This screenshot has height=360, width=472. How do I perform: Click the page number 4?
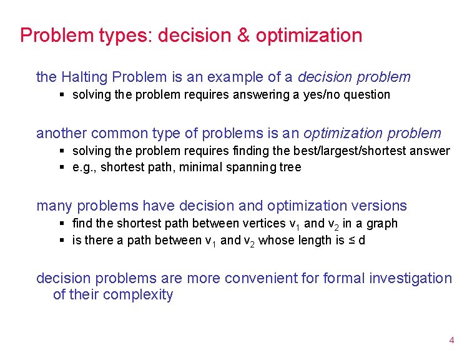451,341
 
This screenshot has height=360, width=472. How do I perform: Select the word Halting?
87,77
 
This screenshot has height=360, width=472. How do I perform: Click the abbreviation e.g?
85,167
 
